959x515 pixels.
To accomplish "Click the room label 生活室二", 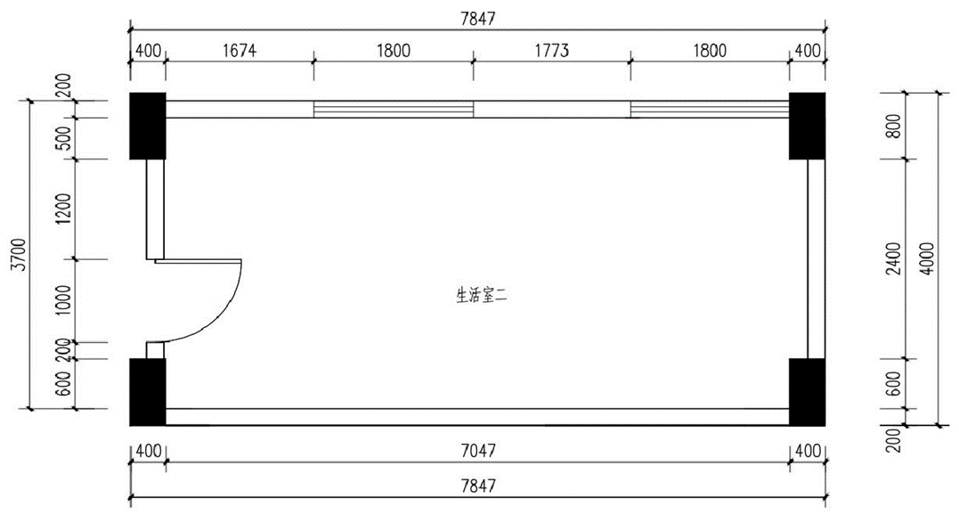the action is pos(482,297).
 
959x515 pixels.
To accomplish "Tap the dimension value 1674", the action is pos(240,50).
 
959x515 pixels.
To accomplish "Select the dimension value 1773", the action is pos(552,50).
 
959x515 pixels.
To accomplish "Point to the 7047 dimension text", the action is pos(478,452).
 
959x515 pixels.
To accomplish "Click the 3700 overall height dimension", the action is pos(20,255).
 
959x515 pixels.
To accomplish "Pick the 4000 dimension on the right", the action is pos(927,258).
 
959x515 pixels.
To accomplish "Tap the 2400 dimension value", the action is pos(895,258).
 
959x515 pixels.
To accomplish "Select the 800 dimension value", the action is pos(895,126).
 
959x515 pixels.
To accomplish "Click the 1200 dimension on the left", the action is pos(64,209).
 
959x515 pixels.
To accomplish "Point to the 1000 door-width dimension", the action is pos(64,299).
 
